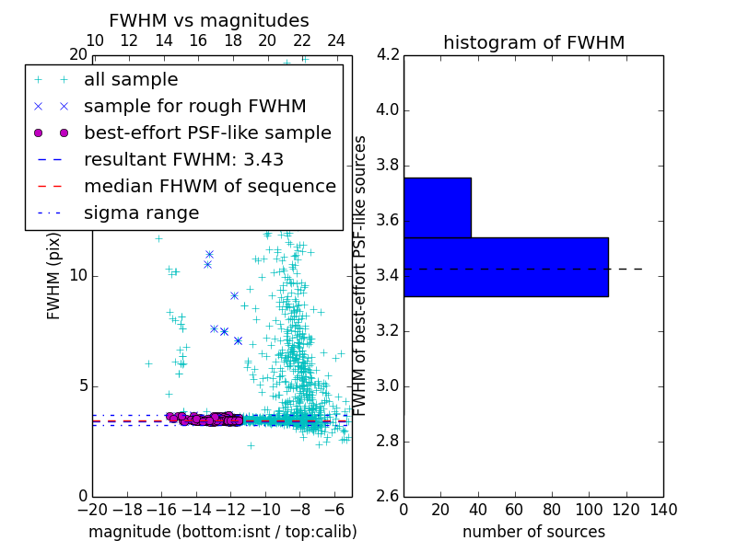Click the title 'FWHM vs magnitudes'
point(209,20)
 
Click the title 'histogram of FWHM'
point(533,42)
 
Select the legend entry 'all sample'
point(131,80)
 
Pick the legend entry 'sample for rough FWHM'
point(194,106)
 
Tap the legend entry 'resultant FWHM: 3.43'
point(183,159)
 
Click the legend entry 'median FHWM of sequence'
point(209,186)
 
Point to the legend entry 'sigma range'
point(141,213)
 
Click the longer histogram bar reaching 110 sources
point(506,267)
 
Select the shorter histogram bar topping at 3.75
point(437,207)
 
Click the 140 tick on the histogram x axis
point(663,509)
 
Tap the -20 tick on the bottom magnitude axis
point(92,509)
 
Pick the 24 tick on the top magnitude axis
point(336,41)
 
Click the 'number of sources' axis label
point(533,532)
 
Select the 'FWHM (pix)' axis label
point(54,275)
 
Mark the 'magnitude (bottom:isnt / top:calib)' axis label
point(222,532)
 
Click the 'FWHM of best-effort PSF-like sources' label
point(361,275)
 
